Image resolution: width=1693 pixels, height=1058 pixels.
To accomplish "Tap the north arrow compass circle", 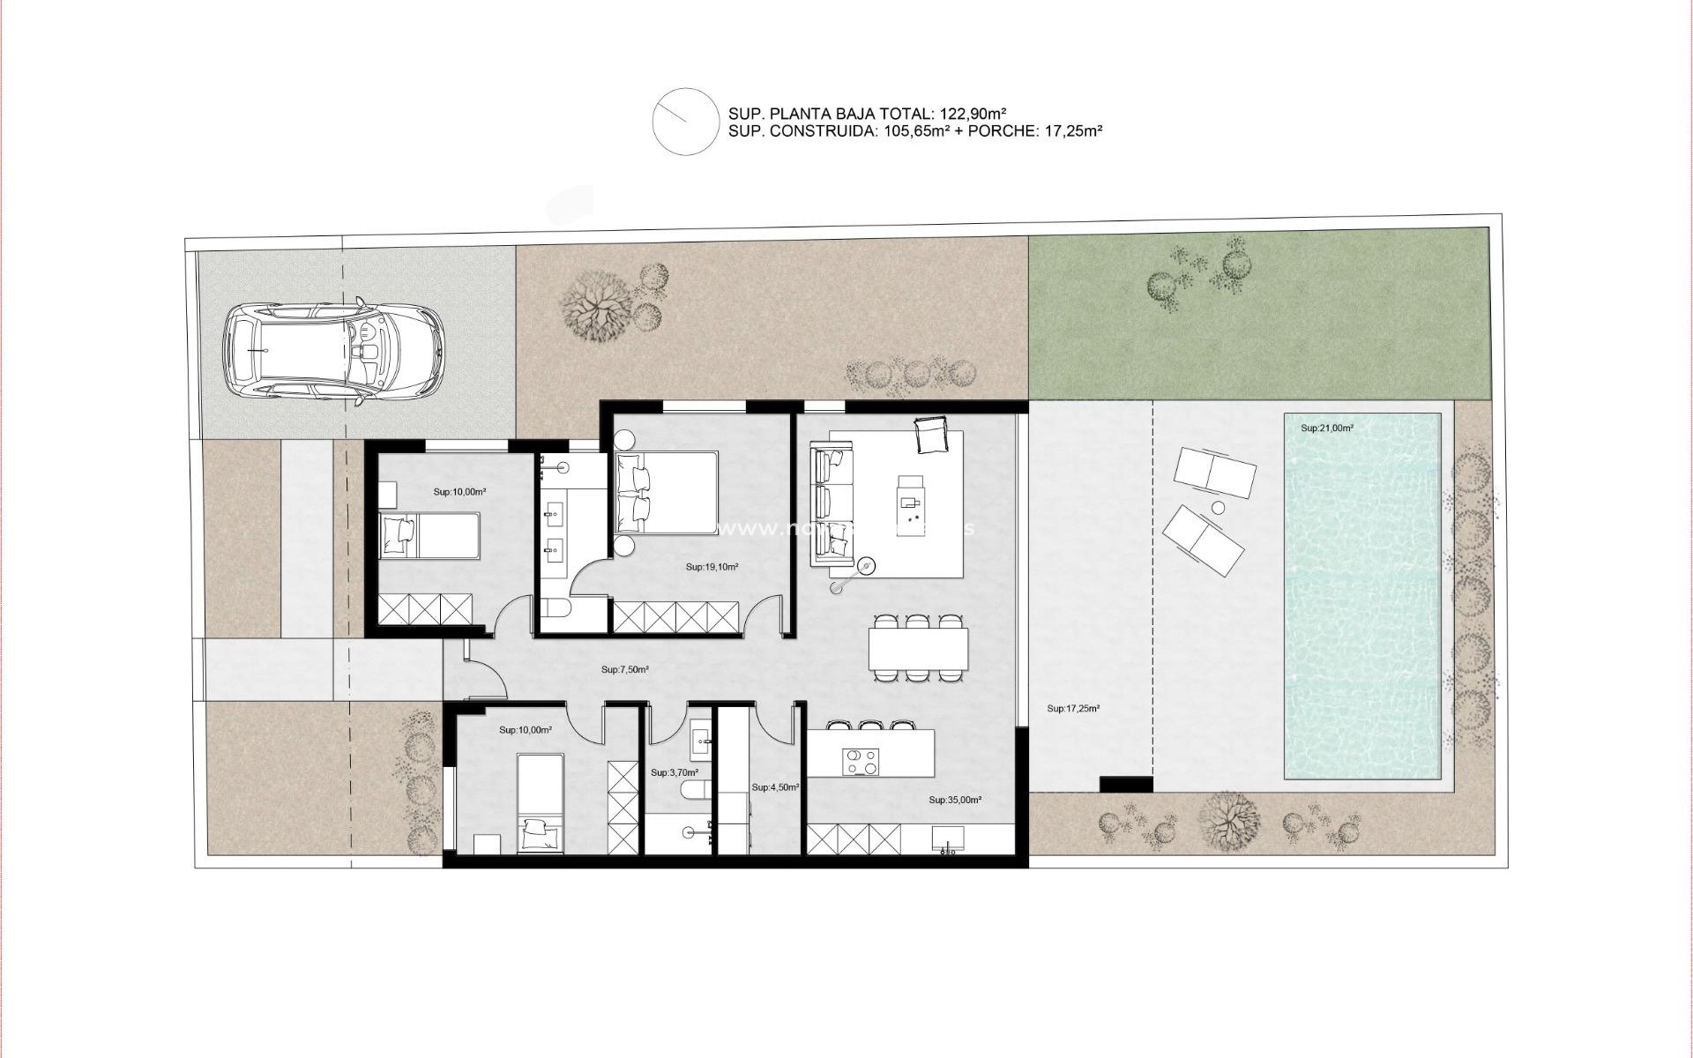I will [x=685, y=122].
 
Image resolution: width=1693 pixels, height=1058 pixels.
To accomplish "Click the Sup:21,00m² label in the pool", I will [x=1327, y=428].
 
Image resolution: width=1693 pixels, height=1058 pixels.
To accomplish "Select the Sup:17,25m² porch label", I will [x=1073, y=708].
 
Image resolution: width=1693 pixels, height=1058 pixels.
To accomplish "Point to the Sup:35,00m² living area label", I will [x=955, y=801].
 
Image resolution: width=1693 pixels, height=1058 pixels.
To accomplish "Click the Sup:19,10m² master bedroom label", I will [x=712, y=568].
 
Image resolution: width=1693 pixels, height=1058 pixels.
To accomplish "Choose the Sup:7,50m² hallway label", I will [x=625, y=670].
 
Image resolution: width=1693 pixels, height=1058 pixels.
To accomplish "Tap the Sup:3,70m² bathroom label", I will [x=674, y=772].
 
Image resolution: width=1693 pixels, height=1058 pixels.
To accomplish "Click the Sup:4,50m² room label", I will [x=774, y=787].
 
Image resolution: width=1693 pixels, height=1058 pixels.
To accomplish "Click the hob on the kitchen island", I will [x=860, y=761].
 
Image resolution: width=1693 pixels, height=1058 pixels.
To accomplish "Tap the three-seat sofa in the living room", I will [x=832, y=506].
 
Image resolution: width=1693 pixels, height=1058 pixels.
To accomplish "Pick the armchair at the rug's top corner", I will [x=931, y=435].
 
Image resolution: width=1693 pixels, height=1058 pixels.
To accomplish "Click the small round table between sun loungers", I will [x=1219, y=508].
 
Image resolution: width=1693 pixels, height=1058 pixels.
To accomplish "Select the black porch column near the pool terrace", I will [x=1126, y=784].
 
